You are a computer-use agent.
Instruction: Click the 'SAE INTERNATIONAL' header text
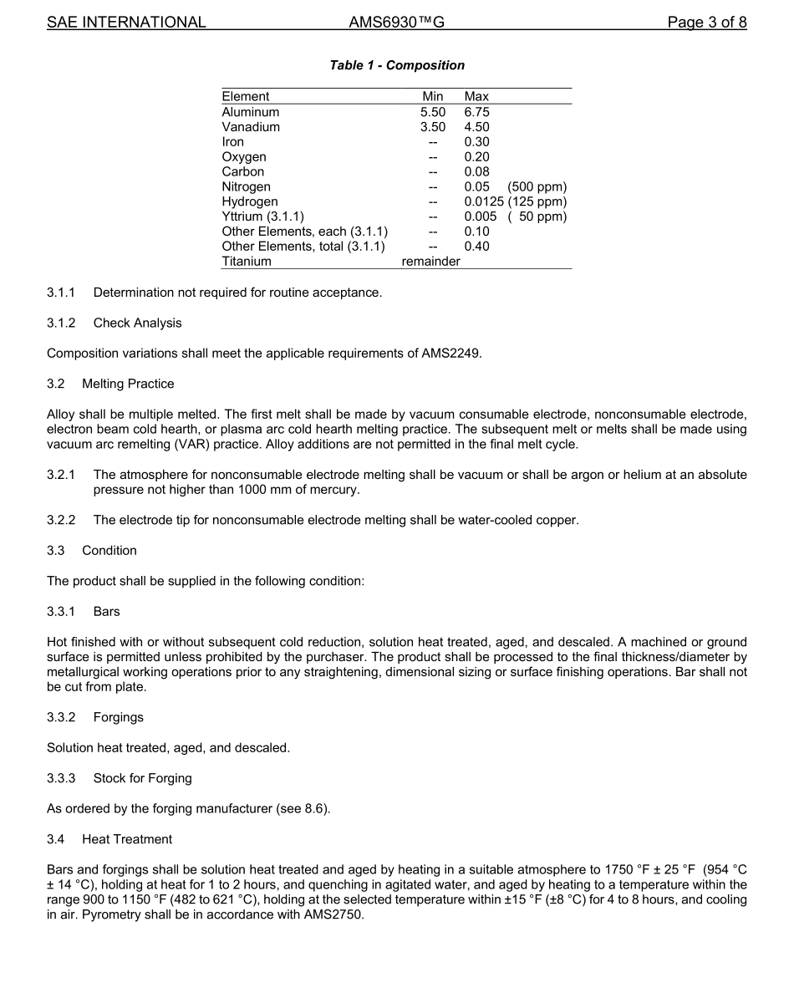[126, 23]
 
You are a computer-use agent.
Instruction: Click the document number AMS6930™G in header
[396, 23]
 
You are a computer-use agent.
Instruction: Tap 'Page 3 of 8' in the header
[706, 23]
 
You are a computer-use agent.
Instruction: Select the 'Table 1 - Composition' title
[397, 65]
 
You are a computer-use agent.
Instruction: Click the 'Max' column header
[476, 97]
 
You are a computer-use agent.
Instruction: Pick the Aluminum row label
[251, 112]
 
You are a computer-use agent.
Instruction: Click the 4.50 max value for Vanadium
[476, 127]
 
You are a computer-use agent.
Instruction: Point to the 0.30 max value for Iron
[476, 142]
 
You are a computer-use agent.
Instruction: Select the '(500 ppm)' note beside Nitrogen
[537, 186]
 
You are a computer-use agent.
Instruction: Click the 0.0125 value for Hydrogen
[484, 201]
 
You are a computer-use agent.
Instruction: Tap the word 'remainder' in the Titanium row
[430, 262]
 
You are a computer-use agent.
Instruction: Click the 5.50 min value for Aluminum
[433, 112]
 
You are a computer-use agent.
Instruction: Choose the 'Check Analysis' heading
[137, 323]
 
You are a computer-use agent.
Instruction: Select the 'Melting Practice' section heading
[128, 384]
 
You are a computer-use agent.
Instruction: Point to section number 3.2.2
[61, 520]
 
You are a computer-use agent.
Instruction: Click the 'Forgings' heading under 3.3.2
[118, 717]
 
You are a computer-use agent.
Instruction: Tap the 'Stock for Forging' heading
[142, 778]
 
